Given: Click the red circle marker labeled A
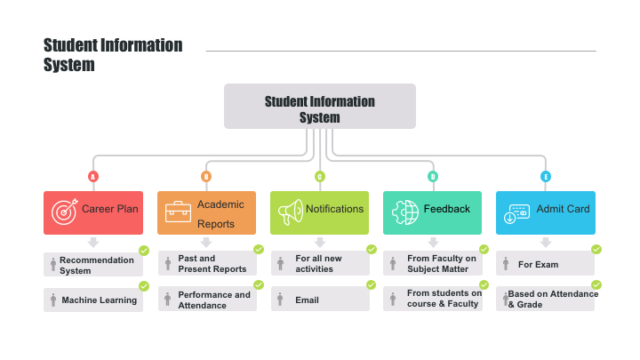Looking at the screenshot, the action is pos(93,177).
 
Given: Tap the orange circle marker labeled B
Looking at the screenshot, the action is pos(206,177).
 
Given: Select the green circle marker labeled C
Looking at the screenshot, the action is pos(320,177).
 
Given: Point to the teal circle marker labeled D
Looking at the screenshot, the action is pos(433,177).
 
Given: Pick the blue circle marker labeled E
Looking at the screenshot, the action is pos(546,177).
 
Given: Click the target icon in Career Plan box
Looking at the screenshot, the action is pos(65,212).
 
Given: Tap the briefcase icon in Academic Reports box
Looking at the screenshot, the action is pos(178,212).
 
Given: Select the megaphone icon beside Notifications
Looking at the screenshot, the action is pos(291,212).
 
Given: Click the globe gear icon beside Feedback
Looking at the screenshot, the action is pos(405,212).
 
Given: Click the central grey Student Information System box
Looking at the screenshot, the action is pos(320,106).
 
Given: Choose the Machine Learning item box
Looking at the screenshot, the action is pos(93,300).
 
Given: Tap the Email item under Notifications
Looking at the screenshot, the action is pos(320,299).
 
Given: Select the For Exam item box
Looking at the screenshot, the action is pos(545,263).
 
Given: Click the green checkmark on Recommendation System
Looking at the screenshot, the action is pos(144,251).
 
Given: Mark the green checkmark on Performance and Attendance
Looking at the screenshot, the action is pos(259,285).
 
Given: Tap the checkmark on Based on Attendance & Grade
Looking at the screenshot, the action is pos(596,285).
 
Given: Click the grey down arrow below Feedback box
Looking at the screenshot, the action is pos(433,243).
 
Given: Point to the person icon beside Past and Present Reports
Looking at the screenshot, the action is pos(168,264).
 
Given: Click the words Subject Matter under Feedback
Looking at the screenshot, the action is pos(437,269).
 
